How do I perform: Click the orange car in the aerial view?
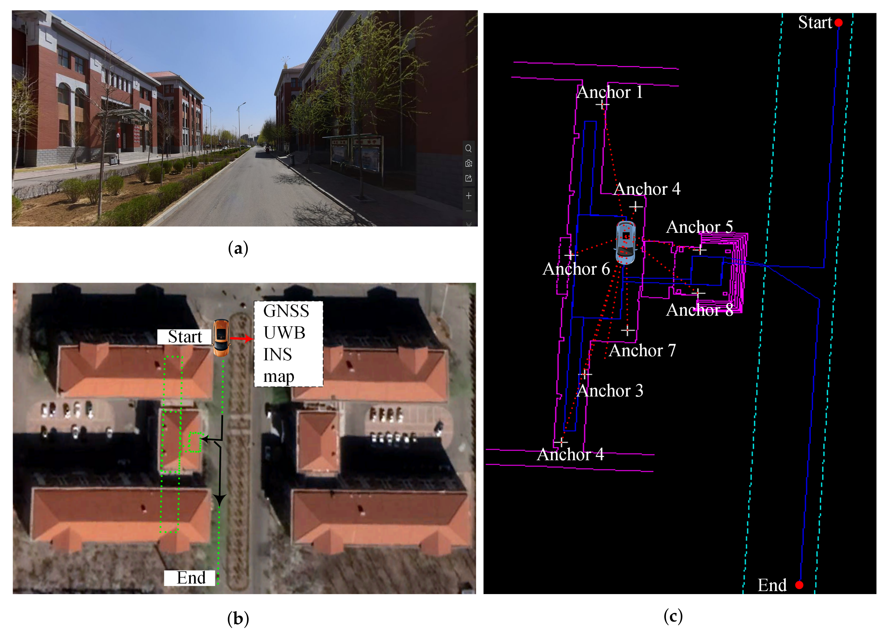tap(221, 338)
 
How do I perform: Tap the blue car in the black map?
tap(625, 242)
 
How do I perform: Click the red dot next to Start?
tap(839, 23)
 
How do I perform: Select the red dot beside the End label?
tap(799, 585)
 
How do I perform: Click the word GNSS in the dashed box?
tap(286, 311)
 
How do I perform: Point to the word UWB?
tap(284, 333)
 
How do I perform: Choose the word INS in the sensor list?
tap(277, 354)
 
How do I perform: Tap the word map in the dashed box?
tap(279, 376)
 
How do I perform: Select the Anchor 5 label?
tap(699, 227)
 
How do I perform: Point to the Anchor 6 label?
tap(576, 269)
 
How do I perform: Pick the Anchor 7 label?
tap(642, 351)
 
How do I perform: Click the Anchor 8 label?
tap(699, 310)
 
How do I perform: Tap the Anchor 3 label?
tap(610, 391)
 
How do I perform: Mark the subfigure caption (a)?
tap(238, 248)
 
